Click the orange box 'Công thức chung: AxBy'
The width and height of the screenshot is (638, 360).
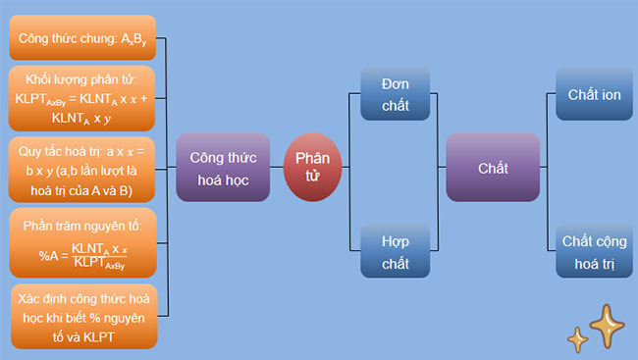[x=82, y=38]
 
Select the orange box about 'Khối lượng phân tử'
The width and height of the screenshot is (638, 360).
[x=82, y=98]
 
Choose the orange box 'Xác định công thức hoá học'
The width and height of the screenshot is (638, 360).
[x=82, y=316]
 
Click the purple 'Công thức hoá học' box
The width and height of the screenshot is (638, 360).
[x=223, y=168]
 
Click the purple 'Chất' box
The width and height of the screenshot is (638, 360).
[x=493, y=168]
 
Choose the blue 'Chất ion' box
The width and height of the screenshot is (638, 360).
[x=594, y=95]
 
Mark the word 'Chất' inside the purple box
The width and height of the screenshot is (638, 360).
[x=493, y=168]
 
